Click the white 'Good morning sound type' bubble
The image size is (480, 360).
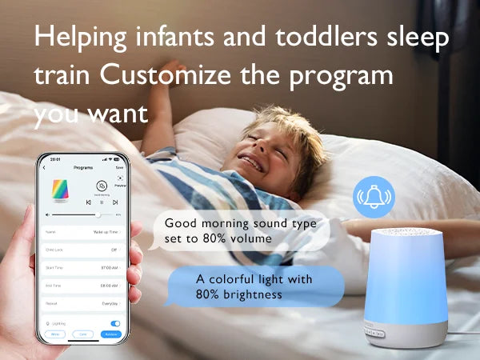click(x=240, y=230)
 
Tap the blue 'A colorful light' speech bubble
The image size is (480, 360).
click(x=254, y=286)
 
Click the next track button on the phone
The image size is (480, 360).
click(x=114, y=202)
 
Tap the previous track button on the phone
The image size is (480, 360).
click(x=89, y=202)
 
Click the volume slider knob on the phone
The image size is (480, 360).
click(x=98, y=214)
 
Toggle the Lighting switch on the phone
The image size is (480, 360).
click(x=115, y=323)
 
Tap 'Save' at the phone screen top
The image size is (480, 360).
click(x=119, y=168)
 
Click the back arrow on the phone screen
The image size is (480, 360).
click(x=44, y=168)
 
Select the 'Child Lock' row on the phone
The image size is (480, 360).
click(x=83, y=249)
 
